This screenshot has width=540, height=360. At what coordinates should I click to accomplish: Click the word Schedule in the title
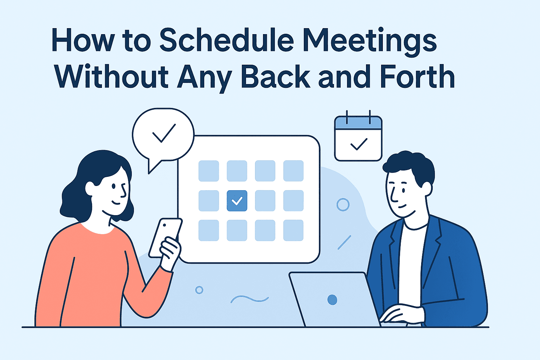point(226,40)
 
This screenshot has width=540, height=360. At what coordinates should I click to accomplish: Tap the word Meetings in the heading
point(370,41)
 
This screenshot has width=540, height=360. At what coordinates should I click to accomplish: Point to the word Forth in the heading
point(417,77)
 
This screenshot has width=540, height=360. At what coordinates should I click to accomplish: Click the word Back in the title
point(276,77)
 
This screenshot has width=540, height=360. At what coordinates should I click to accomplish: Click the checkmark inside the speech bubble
point(163,133)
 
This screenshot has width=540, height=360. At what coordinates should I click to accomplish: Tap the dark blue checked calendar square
point(237,201)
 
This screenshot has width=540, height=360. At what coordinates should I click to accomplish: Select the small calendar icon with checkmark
point(358,139)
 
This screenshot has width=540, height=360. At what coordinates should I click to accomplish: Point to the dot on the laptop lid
point(332,300)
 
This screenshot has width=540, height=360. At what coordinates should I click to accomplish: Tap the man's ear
point(427,189)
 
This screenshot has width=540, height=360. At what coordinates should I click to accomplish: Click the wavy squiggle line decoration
point(249,299)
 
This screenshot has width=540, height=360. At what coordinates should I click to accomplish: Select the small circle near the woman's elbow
point(199,290)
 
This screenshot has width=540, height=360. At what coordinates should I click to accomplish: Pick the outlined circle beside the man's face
point(343,205)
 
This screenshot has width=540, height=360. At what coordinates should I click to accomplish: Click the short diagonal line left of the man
point(344,242)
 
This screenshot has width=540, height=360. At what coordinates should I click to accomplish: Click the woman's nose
point(124,192)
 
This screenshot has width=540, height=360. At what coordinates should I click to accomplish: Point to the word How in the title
point(83,41)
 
